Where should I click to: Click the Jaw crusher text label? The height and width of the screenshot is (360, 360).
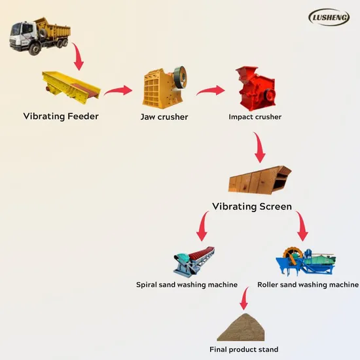(164, 117)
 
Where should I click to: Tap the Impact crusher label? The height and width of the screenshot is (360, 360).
(255, 117)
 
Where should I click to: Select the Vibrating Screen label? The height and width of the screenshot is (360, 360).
(252, 206)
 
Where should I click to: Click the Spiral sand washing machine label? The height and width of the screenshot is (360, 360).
(187, 285)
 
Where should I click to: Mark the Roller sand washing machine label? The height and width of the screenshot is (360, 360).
(308, 285)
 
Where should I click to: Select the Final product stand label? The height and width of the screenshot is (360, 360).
(243, 350)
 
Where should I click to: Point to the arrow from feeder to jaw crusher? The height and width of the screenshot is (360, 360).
(118, 90)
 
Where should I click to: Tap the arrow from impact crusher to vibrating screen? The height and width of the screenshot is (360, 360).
(259, 148)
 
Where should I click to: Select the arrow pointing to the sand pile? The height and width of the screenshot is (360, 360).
(244, 300)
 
